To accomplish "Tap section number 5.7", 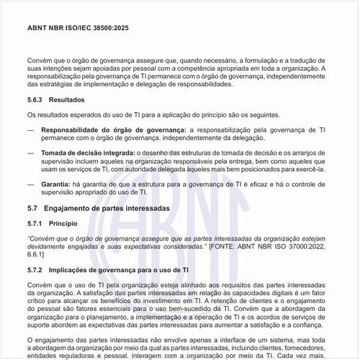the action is click(x=32, y=207).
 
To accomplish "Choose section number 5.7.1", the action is click(x=37, y=223).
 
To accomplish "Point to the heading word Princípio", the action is click(x=74, y=223).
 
